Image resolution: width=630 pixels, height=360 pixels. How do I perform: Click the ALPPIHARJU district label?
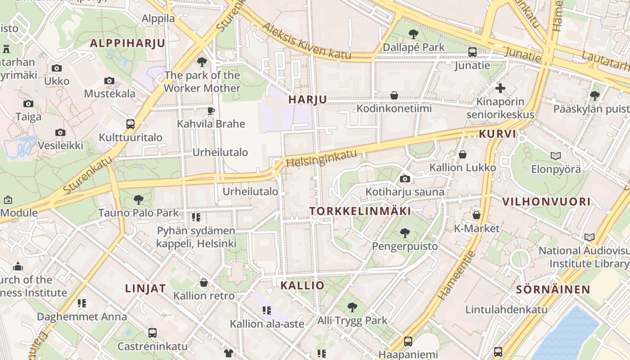[x=127, y=43]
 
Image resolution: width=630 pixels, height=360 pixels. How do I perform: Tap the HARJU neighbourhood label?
[x=308, y=99]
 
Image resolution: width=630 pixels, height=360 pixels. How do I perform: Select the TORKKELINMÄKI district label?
[x=360, y=211]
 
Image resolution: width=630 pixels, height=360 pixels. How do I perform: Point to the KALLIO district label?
[x=302, y=285]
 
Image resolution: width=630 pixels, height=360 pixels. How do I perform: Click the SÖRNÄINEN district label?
[x=553, y=289]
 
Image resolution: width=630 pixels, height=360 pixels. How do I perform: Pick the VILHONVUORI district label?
[x=546, y=202]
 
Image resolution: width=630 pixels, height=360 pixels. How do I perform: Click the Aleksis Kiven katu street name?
[x=306, y=41]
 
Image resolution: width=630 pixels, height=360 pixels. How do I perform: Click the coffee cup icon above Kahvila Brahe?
[x=211, y=111]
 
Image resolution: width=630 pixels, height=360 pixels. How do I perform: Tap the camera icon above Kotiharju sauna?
[x=405, y=179]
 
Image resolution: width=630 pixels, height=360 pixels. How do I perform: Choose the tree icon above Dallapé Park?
[x=413, y=34]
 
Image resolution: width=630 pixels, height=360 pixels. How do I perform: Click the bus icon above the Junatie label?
[x=472, y=52]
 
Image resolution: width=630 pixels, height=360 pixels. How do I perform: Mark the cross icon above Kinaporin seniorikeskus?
[x=500, y=88]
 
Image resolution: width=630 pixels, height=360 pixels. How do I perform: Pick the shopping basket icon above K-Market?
[x=476, y=215]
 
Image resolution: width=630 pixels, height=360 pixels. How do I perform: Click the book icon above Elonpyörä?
[x=556, y=156]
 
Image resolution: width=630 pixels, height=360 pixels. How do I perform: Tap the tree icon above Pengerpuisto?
[x=405, y=233]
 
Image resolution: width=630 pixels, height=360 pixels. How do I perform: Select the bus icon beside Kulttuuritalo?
[x=130, y=124]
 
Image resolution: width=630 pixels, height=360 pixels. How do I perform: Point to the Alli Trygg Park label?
[x=352, y=321]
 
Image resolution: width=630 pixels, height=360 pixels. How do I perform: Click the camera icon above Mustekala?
[x=109, y=81]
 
